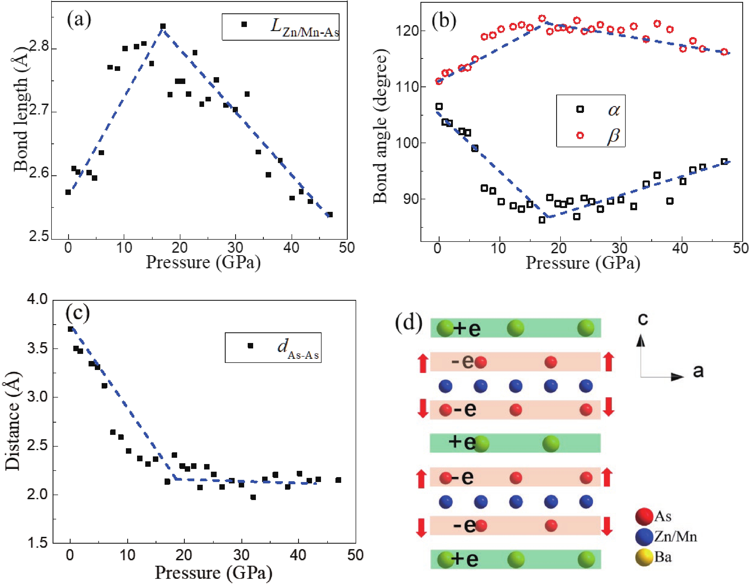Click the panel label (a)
[x=79, y=20]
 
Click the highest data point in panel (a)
[x=163, y=26]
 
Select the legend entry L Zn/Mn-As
[x=280, y=27]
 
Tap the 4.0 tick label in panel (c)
[x=37, y=299]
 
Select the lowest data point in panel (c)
[x=253, y=497]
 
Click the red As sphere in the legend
[x=644, y=516]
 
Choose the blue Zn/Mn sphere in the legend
[x=644, y=537]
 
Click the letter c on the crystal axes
[x=643, y=319]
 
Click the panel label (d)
[x=408, y=323]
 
